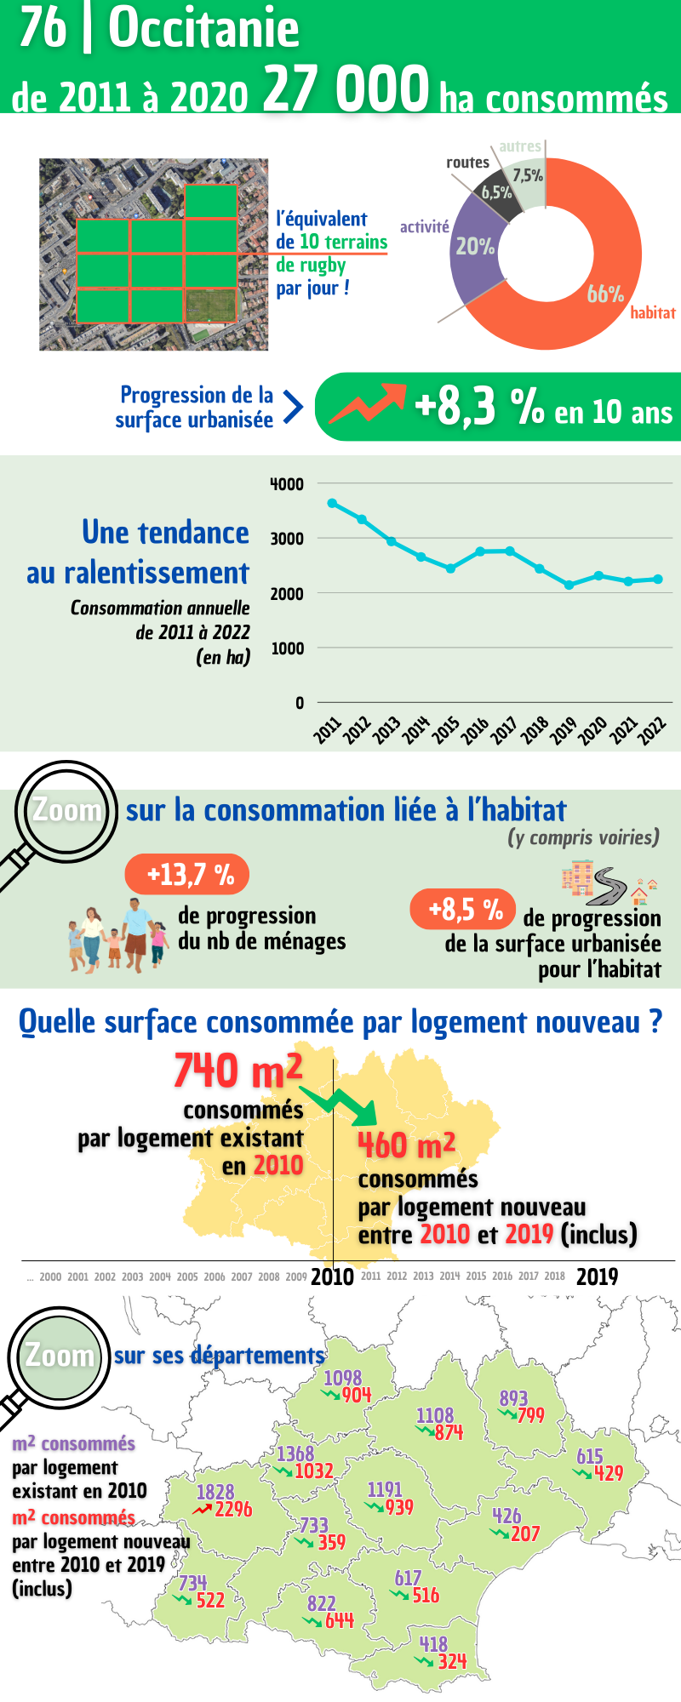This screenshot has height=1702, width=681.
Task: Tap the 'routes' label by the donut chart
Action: coord(467,162)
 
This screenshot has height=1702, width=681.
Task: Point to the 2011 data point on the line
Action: coord(332,503)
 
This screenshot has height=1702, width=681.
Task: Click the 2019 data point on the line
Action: coord(569,585)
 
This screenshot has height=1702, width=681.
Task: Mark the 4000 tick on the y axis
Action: coord(287,484)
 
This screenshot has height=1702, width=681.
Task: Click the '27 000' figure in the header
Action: coord(346,89)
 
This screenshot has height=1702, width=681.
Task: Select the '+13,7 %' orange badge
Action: coord(187,874)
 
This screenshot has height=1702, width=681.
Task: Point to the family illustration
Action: coord(118,936)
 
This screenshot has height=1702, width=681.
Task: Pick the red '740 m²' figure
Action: coord(237,1071)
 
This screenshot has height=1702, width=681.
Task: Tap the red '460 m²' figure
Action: coord(406,1145)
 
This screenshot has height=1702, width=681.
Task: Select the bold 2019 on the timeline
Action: coord(597,1276)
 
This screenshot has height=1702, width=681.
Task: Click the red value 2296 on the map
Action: coord(233,1509)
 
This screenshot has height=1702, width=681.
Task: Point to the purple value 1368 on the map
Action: coord(295,1454)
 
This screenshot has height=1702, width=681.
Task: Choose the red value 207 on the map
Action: coord(525,1534)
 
